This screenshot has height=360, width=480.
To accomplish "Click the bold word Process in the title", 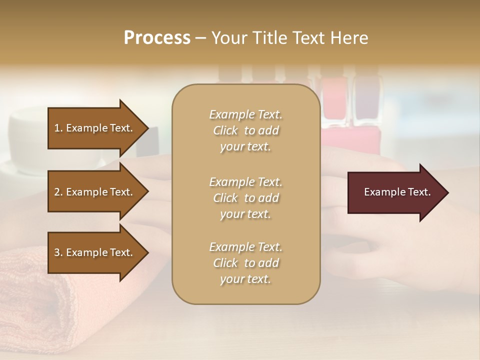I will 157,38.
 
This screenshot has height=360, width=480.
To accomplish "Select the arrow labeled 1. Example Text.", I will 95,128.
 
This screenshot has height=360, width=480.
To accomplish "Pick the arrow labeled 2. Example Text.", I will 95,192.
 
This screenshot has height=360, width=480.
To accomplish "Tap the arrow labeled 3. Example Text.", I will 95,252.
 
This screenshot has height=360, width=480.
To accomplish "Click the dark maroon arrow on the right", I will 395,192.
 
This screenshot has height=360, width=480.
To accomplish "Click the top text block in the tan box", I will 245,130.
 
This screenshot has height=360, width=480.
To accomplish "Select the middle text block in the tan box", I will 245,198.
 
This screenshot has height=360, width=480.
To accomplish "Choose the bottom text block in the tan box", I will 245,263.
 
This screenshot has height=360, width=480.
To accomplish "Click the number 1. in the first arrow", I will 58,128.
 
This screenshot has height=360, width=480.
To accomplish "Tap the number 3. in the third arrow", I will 58,252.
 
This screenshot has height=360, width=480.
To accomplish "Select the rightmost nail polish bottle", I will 367,100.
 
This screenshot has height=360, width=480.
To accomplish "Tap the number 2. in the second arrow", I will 58,192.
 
